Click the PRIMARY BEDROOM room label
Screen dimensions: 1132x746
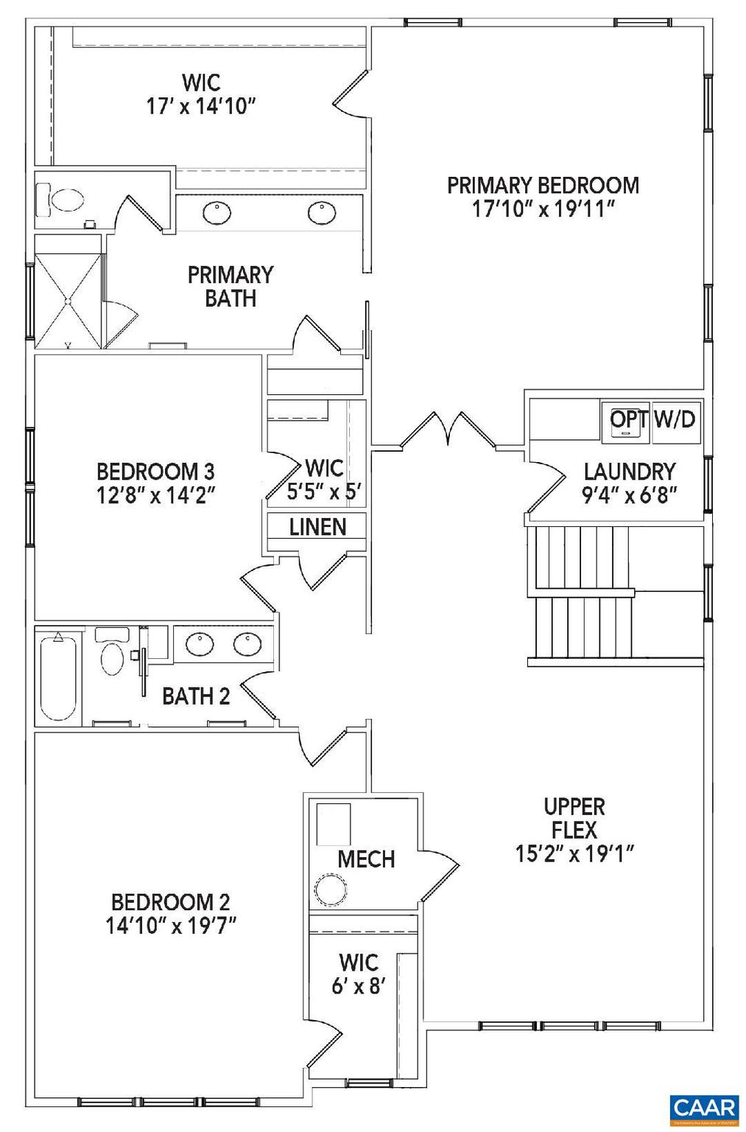tap(543, 185)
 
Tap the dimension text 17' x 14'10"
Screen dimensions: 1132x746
tap(200, 106)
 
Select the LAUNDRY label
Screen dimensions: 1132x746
tap(629, 471)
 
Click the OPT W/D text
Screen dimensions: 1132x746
tap(652, 419)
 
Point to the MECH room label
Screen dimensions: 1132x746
tap(366, 859)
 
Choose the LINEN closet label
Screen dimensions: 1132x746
tap(317, 527)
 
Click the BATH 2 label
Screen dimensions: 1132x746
tap(196, 696)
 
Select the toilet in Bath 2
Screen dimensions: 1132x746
tap(112, 655)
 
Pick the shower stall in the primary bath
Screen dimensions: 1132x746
tap(67, 301)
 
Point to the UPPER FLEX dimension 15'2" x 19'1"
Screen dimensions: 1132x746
tap(574, 853)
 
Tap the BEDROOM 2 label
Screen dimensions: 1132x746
tap(170, 901)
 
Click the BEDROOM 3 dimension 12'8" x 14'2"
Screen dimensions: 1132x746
tap(155, 495)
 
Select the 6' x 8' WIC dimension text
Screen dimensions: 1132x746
tap(359, 986)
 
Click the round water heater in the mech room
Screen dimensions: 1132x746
tap(331, 890)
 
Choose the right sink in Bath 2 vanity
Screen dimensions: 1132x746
tap(247, 645)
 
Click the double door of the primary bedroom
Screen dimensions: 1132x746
tap(447, 430)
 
